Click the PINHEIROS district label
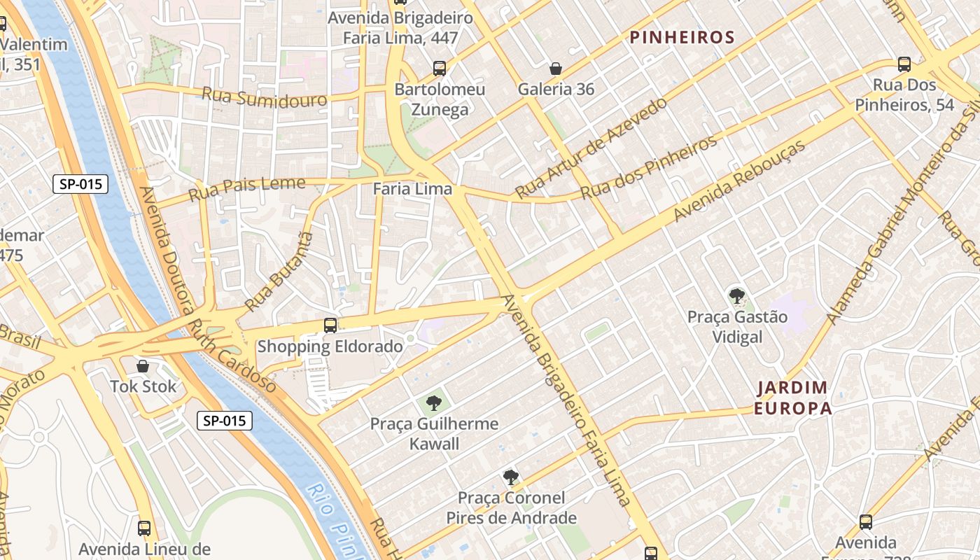coord(682,38)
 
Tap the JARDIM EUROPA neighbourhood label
coord(792,398)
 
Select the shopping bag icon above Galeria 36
coord(556,69)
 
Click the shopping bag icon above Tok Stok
coord(143,366)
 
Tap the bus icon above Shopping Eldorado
coord(330,325)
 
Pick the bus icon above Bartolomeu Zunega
coord(440,69)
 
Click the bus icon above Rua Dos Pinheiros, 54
coord(904,64)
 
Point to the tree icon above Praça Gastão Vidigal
coord(736,296)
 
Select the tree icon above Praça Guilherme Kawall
coord(434,403)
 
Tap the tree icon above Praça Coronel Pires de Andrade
coord(511,477)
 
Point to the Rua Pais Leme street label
coord(247,188)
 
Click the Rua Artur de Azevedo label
coord(591,148)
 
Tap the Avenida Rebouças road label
coord(739,180)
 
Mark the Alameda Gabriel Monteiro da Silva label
coord(903,217)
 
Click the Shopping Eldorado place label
coord(330,346)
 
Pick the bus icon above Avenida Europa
coord(866,522)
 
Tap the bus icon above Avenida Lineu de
coord(144,528)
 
